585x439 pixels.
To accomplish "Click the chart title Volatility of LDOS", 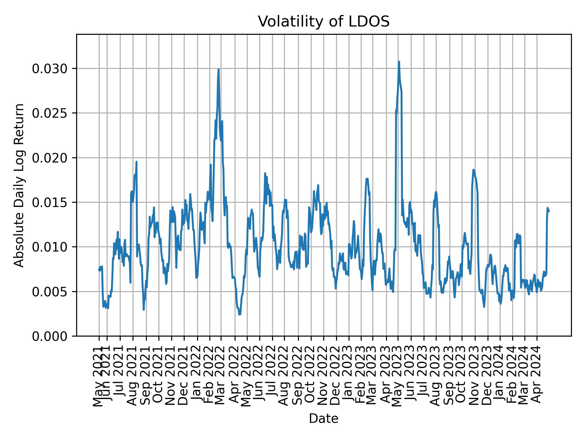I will (x=324, y=22).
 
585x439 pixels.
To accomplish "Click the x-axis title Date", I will (x=324, y=419).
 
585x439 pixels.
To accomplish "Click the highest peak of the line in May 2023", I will (x=399, y=62).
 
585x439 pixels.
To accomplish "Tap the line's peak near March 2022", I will (x=218, y=70).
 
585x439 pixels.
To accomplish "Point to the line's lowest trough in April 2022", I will (x=239, y=315).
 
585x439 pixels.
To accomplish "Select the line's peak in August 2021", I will (x=136, y=162).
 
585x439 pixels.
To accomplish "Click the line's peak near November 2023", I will (x=473, y=170).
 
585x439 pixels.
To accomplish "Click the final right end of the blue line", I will (x=549, y=211).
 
